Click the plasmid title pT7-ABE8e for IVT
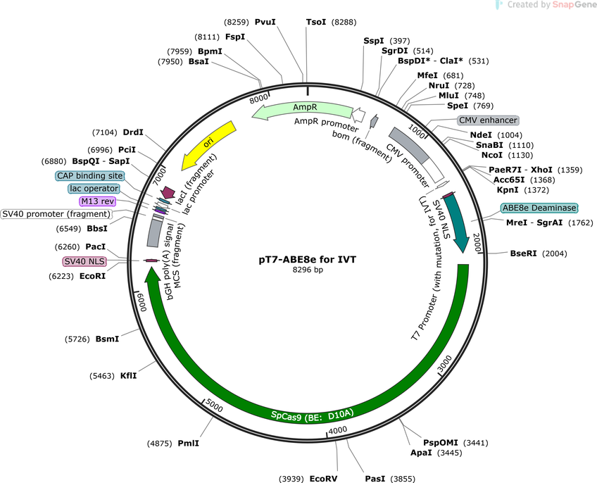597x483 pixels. click(x=308, y=260)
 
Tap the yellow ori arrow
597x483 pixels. click(x=208, y=145)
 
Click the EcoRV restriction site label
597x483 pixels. click(x=323, y=479)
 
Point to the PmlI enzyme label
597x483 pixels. click(x=188, y=444)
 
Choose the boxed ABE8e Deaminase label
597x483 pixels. click(x=539, y=208)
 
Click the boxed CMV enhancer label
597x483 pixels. click(x=488, y=120)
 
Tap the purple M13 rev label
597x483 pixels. click(x=98, y=201)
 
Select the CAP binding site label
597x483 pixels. click(x=90, y=175)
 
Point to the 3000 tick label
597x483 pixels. click(x=444, y=364)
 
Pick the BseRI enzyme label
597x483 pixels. click(x=523, y=253)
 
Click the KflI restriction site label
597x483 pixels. click(x=128, y=375)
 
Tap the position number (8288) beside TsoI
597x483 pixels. click(x=344, y=22)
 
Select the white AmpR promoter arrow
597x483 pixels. click(x=358, y=114)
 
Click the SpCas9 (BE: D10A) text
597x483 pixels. click(x=312, y=415)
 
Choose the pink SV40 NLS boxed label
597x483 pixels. click(x=84, y=262)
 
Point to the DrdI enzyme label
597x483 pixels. click(x=133, y=132)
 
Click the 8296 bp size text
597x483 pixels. click(x=308, y=270)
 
